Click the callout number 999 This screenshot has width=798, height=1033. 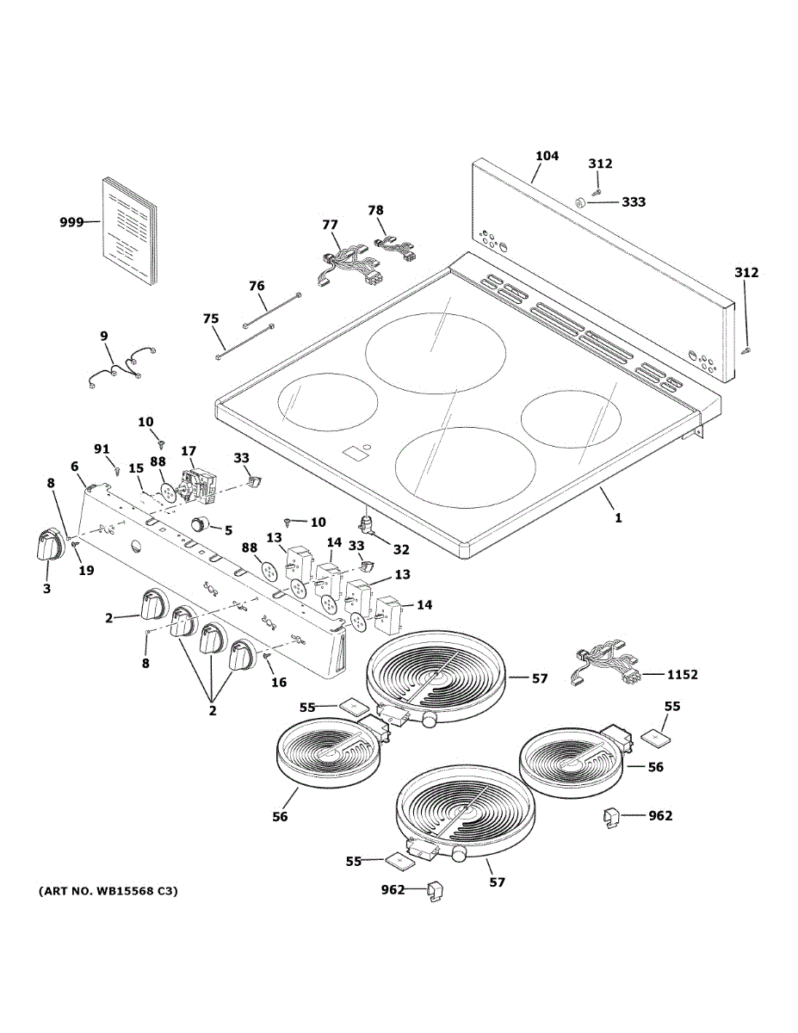click(x=71, y=223)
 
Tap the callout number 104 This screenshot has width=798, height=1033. click(x=547, y=156)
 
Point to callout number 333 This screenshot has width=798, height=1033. click(x=633, y=202)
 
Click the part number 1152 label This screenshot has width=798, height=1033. click(x=682, y=675)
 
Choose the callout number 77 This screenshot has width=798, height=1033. click(x=330, y=225)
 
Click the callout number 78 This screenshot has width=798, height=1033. click(x=375, y=210)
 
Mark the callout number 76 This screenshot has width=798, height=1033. click(x=257, y=286)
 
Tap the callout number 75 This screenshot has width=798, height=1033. click(x=210, y=319)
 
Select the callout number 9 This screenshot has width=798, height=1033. click(x=104, y=336)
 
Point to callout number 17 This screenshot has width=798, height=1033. click(x=188, y=450)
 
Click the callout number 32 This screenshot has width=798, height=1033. click(x=400, y=549)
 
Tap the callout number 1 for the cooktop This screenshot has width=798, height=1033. click(x=617, y=518)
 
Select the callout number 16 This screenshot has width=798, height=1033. click(x=279, y=682)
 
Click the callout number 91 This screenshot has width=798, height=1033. click(x=102, y=448)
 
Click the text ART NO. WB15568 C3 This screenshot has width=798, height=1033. click(x=108, y=892)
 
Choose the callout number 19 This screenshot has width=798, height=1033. click(x=85, y=570)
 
